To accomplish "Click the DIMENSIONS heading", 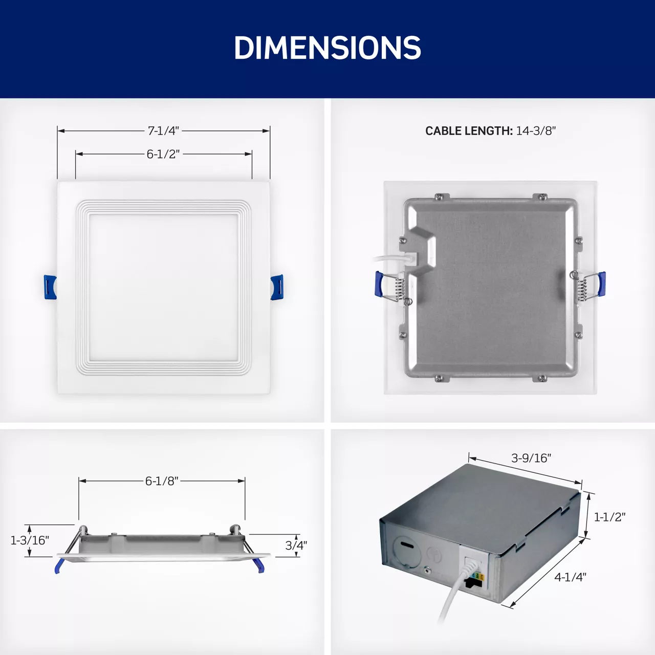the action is tap(327, 48).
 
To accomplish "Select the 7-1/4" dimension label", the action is tap(163, 131).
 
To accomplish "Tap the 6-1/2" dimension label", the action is tap(163, 154).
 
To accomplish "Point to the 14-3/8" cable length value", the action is tap(536, 131).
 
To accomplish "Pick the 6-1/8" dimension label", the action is tap(162, 481).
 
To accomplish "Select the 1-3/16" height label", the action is tap(30, 540).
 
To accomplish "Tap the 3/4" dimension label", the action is tap(296, 545).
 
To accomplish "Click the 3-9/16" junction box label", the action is tap(531, 458).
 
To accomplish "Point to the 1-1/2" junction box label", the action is tap(609, 517).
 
